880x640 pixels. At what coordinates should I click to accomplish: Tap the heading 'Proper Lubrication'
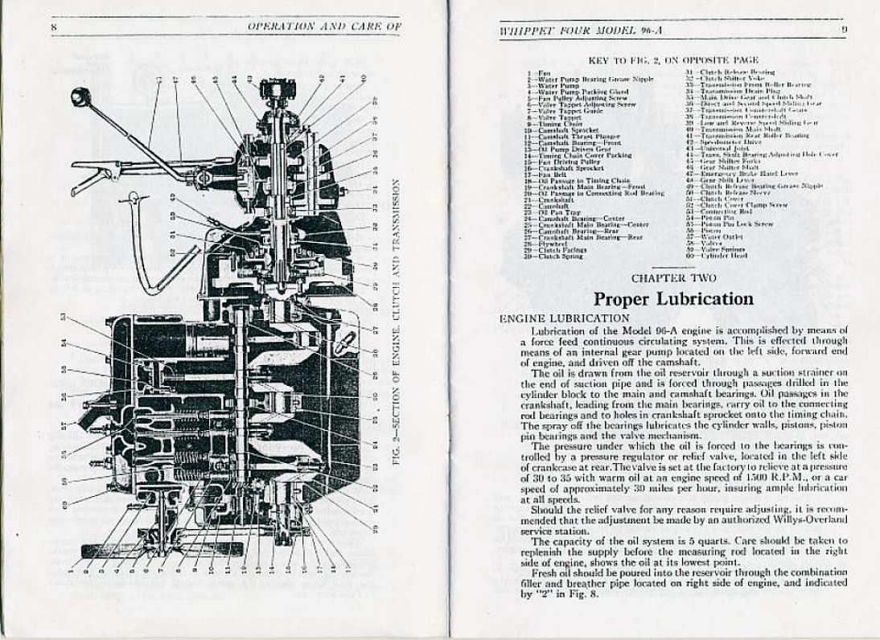pyautogui.click(x=673, y=299)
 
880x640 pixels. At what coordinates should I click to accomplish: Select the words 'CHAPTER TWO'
pyautogui.click(x=673, y=278)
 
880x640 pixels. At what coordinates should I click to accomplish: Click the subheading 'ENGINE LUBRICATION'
pyautogui.click(x=565, y=318)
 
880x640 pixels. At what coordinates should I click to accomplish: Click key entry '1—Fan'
pyautogui.click(x=539, y=73)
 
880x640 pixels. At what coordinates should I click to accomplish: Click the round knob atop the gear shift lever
pyautogui.click(x=80, y=97)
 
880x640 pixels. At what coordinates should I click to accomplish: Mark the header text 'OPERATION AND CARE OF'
pyautogui.click(x=324, y=27)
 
